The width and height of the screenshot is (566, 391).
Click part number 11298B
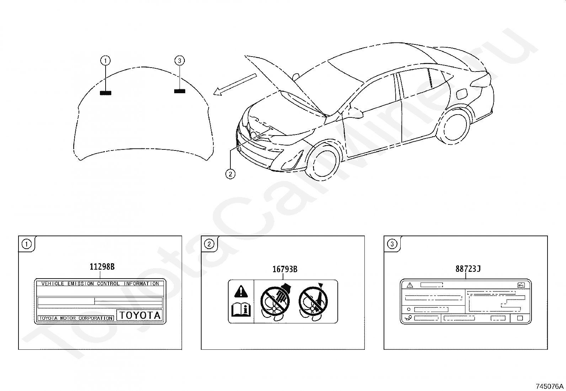[102, 267]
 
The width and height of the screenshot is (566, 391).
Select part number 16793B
[285, 269]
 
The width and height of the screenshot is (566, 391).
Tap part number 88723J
[468, 269]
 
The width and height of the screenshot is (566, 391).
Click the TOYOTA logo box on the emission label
[139, 315]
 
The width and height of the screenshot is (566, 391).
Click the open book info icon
[241, 310]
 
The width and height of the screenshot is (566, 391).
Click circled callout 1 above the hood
[106, 61]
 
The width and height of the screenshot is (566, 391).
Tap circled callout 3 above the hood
[180, 61]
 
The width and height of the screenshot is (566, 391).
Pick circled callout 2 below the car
[230, 174]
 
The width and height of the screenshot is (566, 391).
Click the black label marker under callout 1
[106, 93]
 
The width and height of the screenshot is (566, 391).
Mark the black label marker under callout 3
[180, 91]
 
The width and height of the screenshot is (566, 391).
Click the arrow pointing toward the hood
[235, 84]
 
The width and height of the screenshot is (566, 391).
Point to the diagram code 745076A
[550, 386]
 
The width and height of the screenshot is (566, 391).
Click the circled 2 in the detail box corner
[209, 244]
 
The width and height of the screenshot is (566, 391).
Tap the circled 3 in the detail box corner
[392, 244]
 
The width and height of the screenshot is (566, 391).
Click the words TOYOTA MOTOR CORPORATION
[76, 318]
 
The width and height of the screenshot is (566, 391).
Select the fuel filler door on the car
[461, 93]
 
